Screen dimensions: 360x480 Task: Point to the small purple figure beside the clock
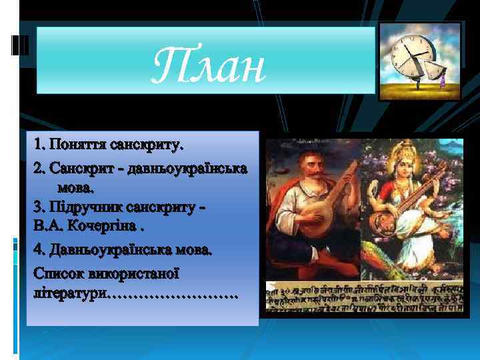click(442, 81)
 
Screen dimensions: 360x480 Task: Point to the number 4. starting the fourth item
click(39, 250)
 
